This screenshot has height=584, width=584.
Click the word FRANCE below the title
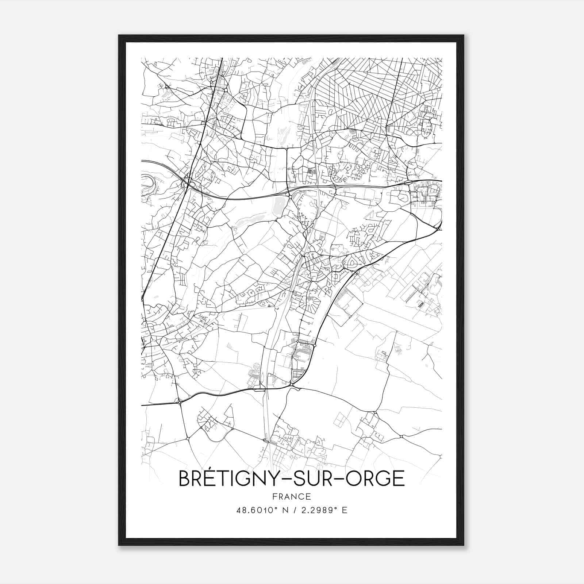coord(292,496)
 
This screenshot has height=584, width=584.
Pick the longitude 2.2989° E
coord(325,510)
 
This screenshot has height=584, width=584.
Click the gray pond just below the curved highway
coord(278,207)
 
